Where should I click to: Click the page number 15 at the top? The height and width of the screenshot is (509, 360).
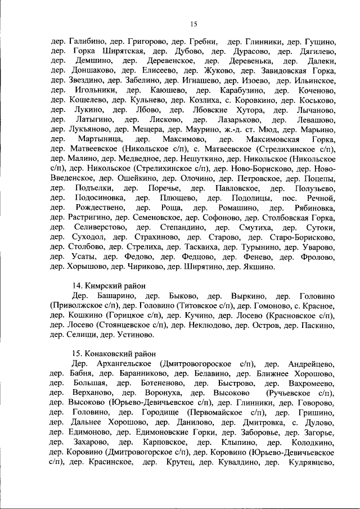click(193, 23)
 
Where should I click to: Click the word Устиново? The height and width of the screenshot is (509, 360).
click(135, 335)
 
